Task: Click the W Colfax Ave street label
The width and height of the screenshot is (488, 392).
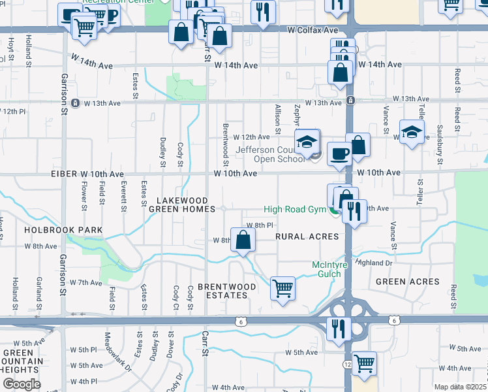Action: point(313,31)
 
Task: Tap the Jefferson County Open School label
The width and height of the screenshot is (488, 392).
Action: point(270,154)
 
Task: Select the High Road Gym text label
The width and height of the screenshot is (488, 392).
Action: point(295,209)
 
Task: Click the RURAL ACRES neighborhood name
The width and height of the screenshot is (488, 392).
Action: point(307,236)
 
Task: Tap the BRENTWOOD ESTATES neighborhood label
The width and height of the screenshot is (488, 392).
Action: point(222,291)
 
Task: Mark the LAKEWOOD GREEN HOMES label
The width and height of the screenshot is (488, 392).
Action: point(182,204)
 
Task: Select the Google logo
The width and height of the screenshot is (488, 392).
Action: point(22,384)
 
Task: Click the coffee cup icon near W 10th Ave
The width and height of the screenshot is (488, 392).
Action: point(339,154)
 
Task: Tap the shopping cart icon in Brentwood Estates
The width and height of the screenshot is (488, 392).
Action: point(282,287)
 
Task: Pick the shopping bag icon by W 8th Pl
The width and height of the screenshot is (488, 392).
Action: point(243,240)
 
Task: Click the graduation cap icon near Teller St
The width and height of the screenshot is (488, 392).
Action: point(412,133)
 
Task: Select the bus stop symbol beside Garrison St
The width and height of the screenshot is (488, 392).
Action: point(76,103)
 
